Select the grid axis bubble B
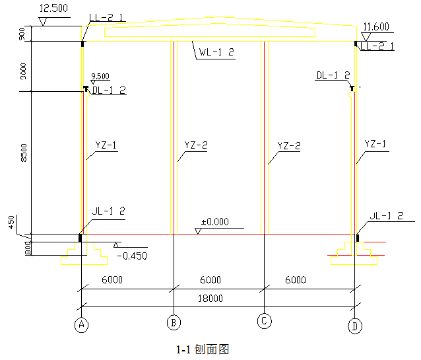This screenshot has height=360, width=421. (173, 322)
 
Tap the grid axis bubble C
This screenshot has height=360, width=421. (264, 321)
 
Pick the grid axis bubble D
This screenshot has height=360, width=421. (356, 325)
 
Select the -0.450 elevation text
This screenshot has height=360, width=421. (131, 256)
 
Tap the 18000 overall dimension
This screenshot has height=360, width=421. (210, 299)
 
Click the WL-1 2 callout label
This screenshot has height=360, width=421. (217, 53)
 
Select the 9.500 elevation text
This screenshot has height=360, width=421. (100, 76)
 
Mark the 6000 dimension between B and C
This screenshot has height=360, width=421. (210, 280)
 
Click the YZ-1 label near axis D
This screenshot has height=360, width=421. (375, 143)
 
